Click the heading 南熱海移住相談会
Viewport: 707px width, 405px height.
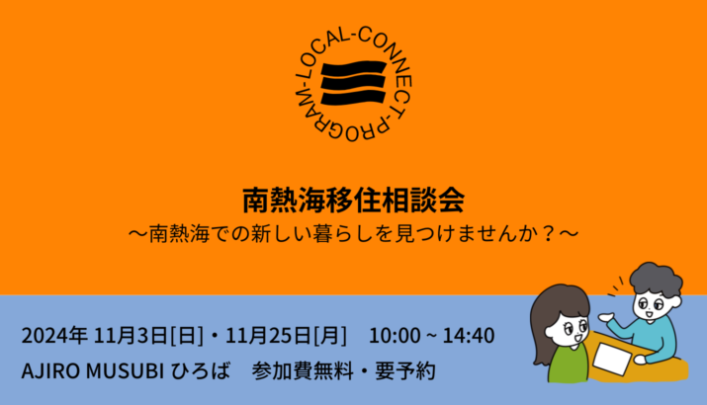tap(354, 200)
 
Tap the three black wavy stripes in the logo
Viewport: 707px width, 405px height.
tap(354, 84)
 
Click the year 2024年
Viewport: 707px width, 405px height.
tap(54, 336)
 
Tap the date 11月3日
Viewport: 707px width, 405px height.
tap(131, 336)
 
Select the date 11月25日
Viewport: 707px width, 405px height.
tap(268, 336)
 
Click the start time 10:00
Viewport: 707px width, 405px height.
tap(395, 336)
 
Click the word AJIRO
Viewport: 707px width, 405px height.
tap(51, 371)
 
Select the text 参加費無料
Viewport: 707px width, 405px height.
tap(303, 371)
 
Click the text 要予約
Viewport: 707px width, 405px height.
tap(405, 371)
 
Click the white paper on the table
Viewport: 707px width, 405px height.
tap(612, 359)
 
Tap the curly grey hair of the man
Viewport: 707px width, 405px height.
tap(656, 279)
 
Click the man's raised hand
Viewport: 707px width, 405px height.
tap(606, 317)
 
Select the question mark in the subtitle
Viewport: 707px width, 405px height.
tap(548, 234)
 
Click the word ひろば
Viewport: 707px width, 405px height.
tap(201, 371)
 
